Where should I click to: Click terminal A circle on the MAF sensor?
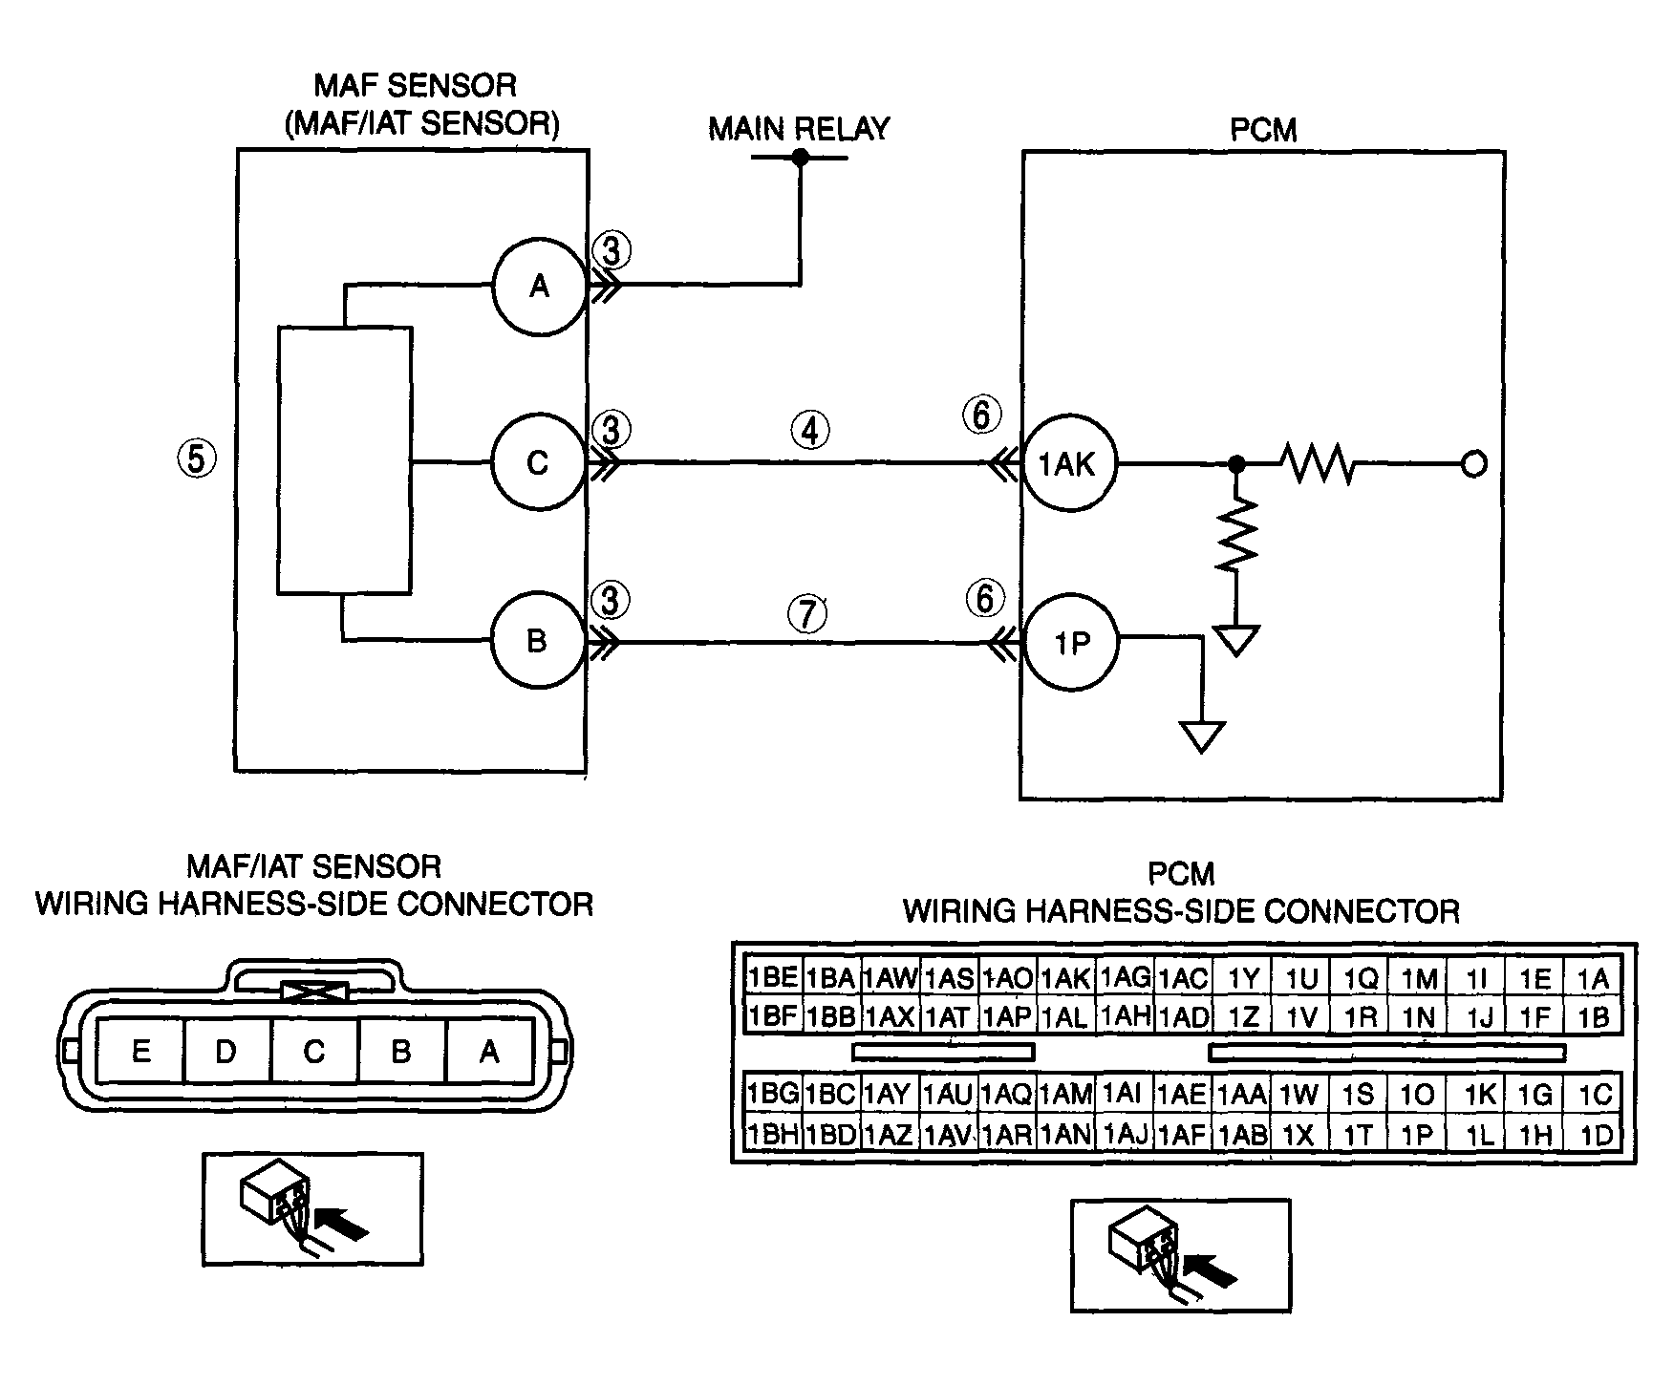pos(539,286)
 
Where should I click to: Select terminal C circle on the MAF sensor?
pos(539,463)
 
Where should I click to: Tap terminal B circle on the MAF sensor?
pos(537,640)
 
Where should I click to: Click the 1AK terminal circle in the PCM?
pos(1069,465)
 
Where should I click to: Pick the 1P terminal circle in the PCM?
pos(1071,643)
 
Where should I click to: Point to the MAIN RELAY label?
pos(799,129)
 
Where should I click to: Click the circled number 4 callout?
pos(810,432)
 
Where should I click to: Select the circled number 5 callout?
pos(196,459)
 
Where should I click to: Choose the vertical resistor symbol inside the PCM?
pos(1236,535)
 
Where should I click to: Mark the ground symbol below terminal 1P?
pos(1203,736)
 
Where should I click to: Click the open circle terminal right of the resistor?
pos(1474,465)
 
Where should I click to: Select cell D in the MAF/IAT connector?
pos(226,1052)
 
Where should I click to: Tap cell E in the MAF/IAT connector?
pos(140,1052)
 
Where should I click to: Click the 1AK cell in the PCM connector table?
pos(1065,978)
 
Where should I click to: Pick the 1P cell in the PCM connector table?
pos(1418,1134)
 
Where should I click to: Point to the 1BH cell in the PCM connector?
pos(772,1134)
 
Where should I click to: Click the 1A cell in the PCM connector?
pos(1594,978)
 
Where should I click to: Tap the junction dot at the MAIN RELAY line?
pos(801,157)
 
